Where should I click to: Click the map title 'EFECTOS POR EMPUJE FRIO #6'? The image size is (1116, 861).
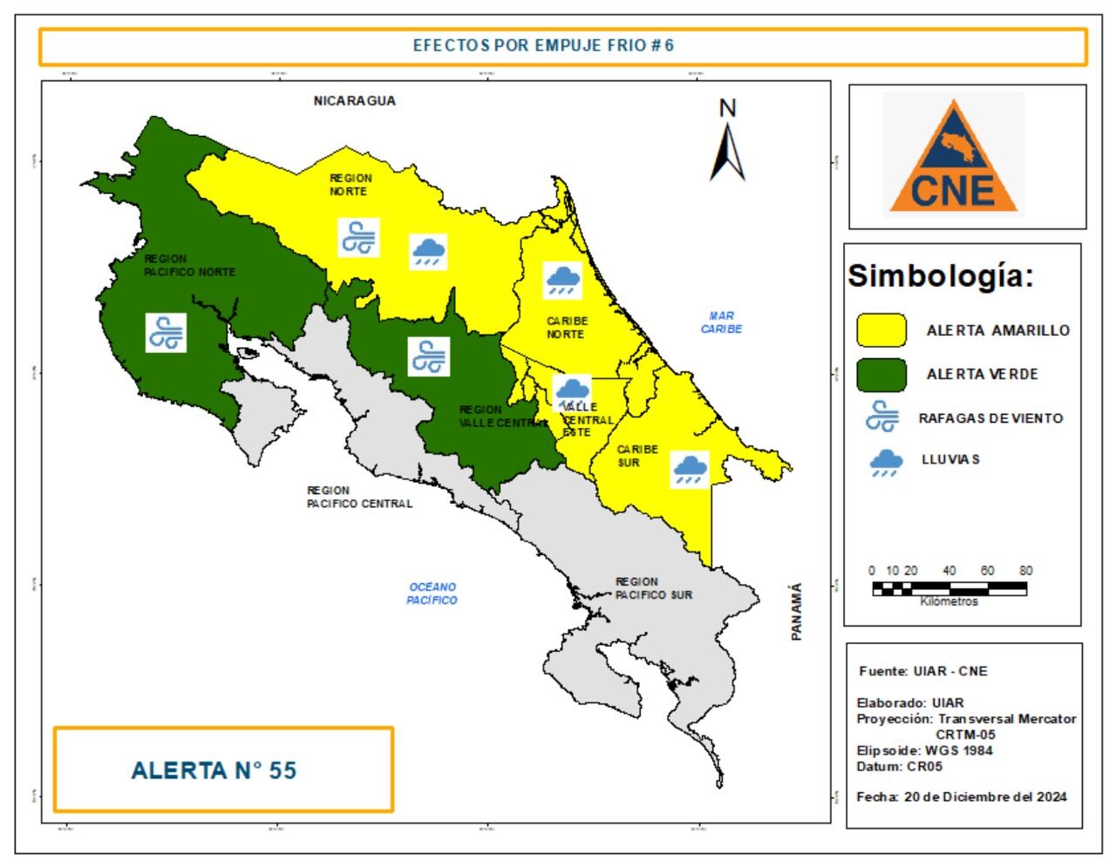[x=543, y=46]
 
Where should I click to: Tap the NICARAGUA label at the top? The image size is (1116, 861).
[x=354, y=101]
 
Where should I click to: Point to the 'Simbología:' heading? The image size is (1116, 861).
[x=941, y=276]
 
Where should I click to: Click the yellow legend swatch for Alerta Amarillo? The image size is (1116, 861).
[x=881, y=330]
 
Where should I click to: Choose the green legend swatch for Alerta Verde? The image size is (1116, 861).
[x=881, y=375]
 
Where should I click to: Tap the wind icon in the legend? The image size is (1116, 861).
[x=882, y=417]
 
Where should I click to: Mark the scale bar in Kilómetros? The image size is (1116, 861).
[x=949, y=589]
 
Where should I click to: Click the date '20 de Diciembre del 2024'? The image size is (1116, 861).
[x=985, y=797]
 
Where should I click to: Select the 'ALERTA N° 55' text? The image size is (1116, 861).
[x=214, y=770]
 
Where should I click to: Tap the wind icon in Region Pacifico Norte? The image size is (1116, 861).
[x=166, y=333]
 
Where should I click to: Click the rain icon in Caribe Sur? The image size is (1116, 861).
[x=690, y=468]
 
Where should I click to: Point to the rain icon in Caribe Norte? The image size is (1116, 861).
[x=563, y=280]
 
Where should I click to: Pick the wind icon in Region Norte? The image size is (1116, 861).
[x=358, y=238]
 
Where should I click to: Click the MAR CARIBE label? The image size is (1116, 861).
[x=721, y=322]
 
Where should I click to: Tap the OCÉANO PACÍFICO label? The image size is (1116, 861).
[x=432, y=593]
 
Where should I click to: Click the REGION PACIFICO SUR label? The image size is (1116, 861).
[x=653, y=588]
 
